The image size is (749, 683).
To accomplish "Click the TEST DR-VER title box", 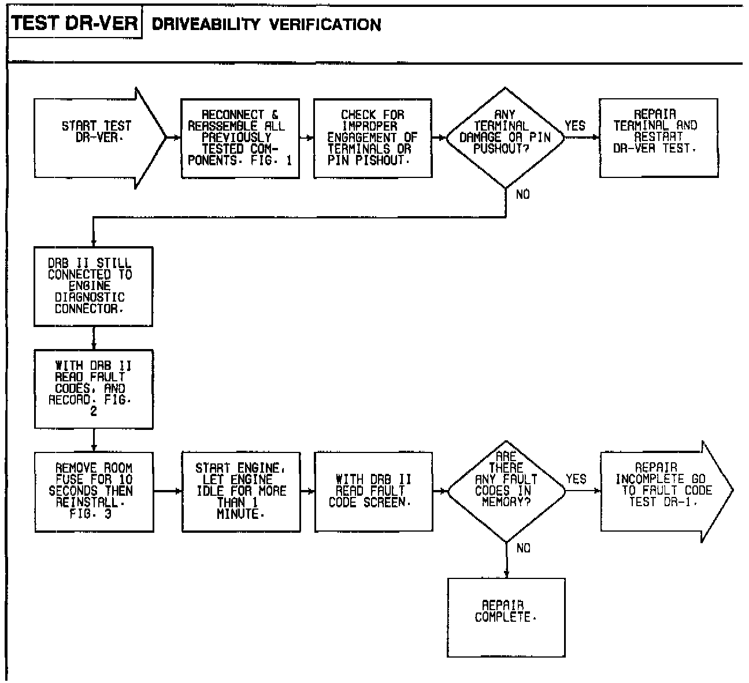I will [75, 24].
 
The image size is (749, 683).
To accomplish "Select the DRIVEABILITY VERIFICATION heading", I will [266, 24].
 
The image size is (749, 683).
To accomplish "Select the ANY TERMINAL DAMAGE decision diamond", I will [506, 138].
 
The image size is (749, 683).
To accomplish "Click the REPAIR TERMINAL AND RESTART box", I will [658, 138].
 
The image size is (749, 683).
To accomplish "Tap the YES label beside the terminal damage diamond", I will [575, 125].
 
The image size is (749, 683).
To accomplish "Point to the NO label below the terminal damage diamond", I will [522, 195].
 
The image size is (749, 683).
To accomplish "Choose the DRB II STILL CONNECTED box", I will [94, 287].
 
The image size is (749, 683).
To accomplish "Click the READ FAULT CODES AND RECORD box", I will [94, 389].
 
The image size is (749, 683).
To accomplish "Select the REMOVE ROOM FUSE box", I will [94, 491].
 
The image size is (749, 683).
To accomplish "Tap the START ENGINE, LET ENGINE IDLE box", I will [240, 491].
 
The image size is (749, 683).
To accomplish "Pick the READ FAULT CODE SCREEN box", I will [373, 491].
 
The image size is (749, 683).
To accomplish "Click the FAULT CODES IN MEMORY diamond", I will [506, 491].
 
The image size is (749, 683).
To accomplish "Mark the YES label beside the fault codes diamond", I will [576, 479].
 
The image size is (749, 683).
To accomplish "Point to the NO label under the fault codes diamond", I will [523, 548].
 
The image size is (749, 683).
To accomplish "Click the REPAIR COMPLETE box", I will [506, 617].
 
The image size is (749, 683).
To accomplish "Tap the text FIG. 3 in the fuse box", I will [91, 514].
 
